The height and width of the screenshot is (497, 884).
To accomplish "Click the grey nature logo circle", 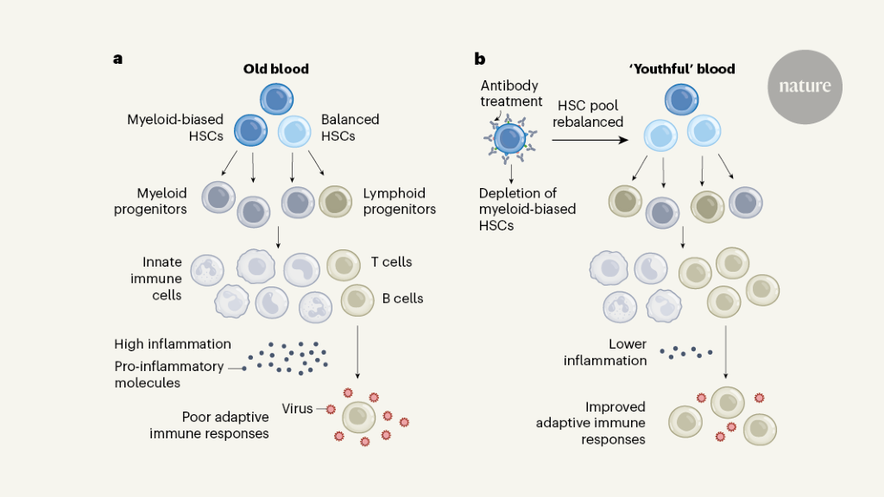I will point(805,86).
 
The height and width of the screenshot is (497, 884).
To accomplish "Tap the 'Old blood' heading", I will point(275,69).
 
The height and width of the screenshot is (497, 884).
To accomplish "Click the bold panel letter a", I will point(117,59).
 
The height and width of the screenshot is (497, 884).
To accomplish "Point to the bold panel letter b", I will point(480,59).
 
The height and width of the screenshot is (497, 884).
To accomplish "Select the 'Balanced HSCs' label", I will point(350,127).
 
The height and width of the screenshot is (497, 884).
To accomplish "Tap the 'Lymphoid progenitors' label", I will point(400,201).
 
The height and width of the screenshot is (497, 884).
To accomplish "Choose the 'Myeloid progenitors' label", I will point(150,201).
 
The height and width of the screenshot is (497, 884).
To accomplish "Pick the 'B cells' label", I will point(402,299).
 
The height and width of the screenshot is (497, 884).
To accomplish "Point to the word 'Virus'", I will point(297,408).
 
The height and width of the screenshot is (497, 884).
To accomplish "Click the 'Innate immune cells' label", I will point(162,278).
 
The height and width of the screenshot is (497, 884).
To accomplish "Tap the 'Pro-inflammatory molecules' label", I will point(168,374).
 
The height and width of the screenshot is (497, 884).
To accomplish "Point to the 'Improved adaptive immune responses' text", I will point(590,423).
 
